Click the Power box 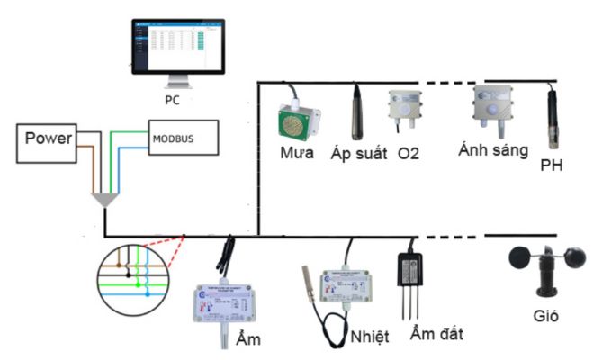(48, 139)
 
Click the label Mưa (296, 152)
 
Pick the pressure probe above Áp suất (356, 112)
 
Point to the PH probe (553, 121)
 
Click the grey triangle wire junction (106, 200)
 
